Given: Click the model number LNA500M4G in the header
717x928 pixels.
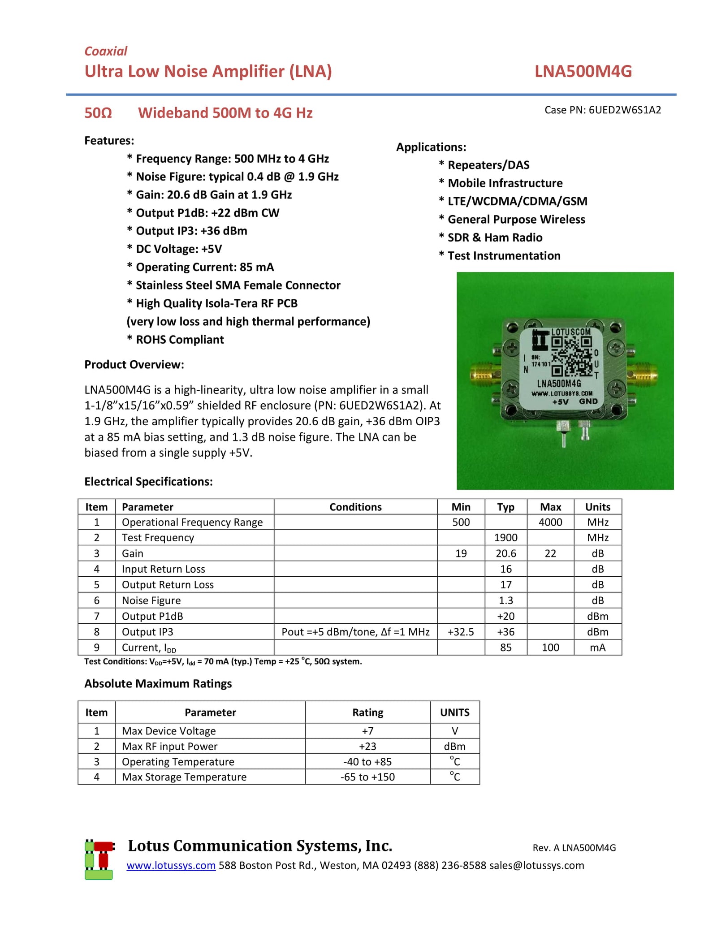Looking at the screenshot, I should (583, 71).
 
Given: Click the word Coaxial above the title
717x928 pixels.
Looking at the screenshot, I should (106, 51).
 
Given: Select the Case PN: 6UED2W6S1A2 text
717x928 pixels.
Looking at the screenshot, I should (602, 110).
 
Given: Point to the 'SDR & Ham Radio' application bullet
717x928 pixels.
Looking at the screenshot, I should (495, 237).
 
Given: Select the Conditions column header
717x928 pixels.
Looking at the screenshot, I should (355, 507).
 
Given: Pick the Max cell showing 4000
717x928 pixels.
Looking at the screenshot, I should (550, 522).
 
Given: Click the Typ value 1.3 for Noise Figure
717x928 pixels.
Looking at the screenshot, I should (505, 600).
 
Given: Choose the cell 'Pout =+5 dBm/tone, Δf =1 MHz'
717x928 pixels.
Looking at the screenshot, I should (355, 632).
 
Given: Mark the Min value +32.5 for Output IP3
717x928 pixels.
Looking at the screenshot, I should (461, 632).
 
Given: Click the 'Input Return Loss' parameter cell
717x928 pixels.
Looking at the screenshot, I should (164, 569).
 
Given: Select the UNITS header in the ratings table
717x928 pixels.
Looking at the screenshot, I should (454, 712).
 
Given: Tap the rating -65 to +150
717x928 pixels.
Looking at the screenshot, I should (367, 777).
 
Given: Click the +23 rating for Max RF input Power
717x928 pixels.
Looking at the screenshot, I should (367, 746).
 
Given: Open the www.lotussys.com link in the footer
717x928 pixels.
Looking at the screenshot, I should (171, 865).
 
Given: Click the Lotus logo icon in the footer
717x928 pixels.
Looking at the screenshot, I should (99, 859).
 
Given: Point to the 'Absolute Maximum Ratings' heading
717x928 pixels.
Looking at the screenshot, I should (158, 683).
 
